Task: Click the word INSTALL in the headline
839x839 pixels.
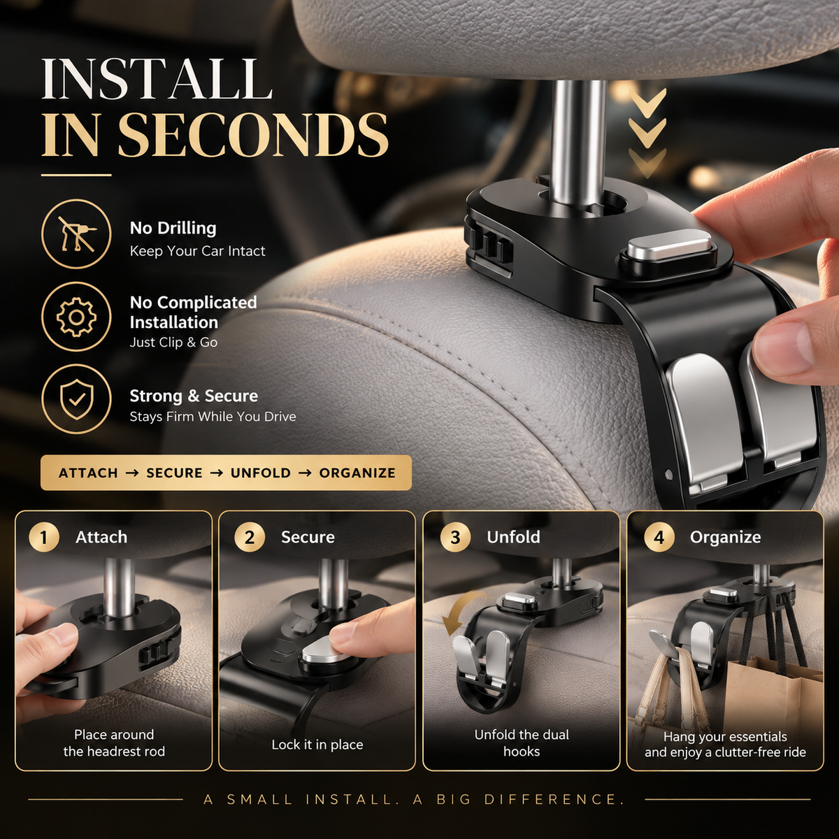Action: tap(157, 79)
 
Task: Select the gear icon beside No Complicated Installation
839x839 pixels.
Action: tap(76, 317)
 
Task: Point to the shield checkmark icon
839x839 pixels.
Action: tap(76, 399)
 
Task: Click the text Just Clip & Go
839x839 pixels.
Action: tap(173, 343)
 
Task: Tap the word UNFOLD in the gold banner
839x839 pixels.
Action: tap(260, 473)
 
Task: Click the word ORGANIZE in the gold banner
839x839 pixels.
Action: tap(357, 473)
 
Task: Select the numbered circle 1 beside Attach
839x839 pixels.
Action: tap(44, 537)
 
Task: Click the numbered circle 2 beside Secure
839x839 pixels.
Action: tap(250, 537)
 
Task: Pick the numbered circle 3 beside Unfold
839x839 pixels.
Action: tap(455, 537)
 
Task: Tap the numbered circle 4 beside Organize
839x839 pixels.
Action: tap(659, 537)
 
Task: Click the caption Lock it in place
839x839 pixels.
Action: tap(317, 745)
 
